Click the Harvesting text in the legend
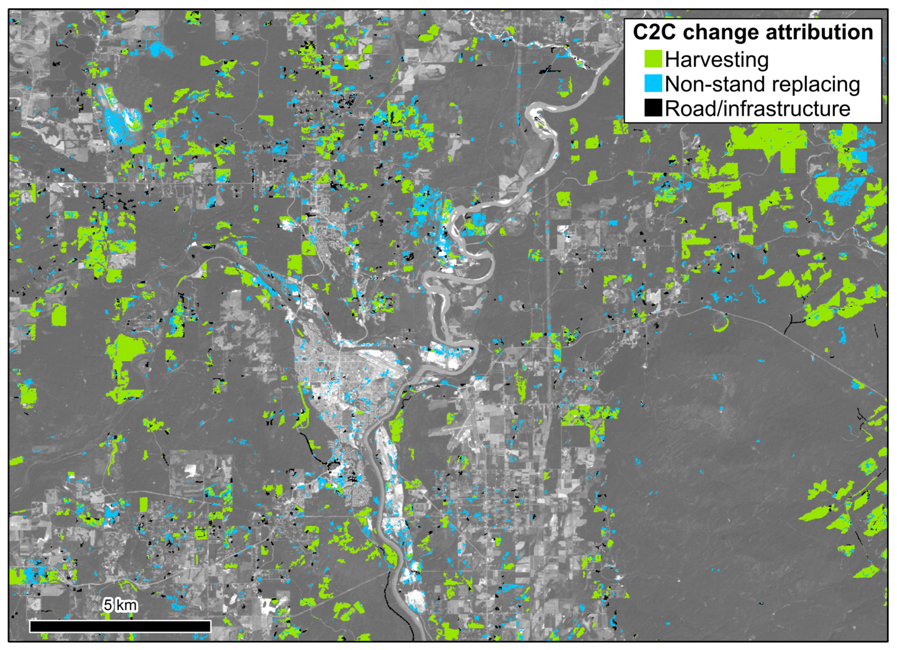(717, 60)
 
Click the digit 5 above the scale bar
(108, 605)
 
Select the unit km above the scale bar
(126, 605)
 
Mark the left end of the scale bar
(30, 626)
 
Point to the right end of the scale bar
(210, 626)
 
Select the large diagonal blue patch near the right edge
(846, 190)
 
